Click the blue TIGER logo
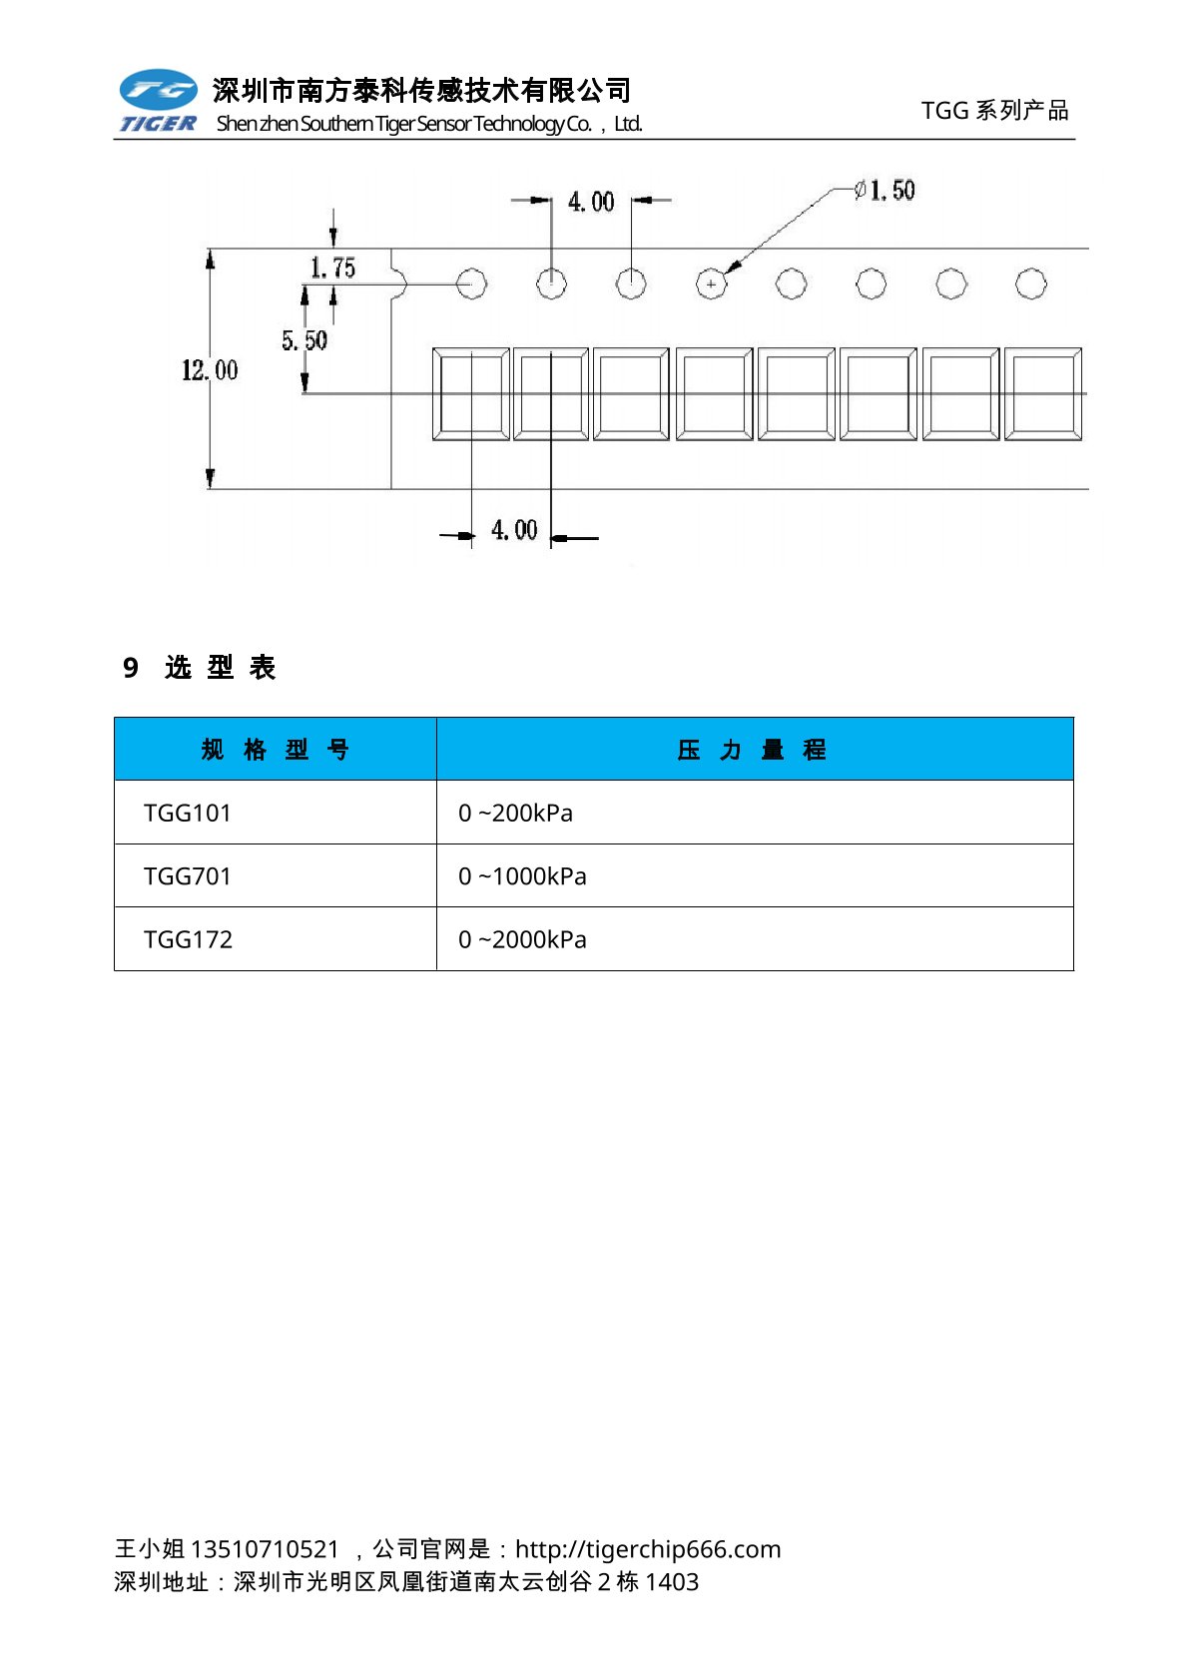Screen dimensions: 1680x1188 [158, 101]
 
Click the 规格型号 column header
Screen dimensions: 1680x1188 [275, 750]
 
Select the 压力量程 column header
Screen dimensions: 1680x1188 [753, 750]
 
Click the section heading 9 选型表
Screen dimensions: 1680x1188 [200, 667]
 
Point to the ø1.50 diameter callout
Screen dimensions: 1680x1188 [885, 190]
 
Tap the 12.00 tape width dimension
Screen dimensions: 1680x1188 [210, 370]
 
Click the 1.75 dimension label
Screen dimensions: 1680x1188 [332, 268]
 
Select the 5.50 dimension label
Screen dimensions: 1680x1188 [303, 340]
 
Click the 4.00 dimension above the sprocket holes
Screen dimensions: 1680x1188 [590, 202]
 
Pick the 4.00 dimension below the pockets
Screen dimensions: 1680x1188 [513, 530]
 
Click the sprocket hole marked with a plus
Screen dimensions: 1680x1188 [711, 284]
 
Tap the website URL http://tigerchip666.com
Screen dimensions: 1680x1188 [648, 1549]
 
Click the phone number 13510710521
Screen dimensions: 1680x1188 [265, 1549]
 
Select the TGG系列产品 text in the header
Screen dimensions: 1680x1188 [994, 110]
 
